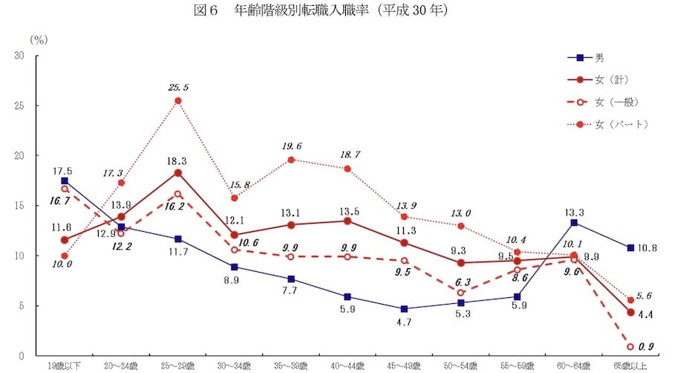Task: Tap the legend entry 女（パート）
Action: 621,123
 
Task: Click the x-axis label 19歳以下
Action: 64,366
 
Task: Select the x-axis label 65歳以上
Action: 630,366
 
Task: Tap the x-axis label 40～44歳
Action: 347,366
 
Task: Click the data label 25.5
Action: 178,88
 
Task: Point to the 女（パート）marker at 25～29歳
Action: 178,100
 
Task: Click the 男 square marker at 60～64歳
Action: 574,222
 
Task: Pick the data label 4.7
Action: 404,322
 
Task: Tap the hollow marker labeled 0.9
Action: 630,347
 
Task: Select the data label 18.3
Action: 178,160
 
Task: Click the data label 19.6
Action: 291,146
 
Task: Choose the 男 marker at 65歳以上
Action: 630,247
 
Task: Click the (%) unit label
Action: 39,38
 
